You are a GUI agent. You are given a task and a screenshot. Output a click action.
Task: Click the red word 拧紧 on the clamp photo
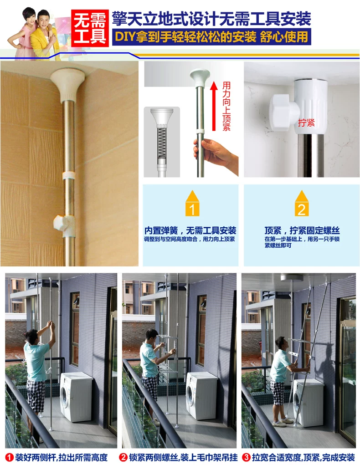coord(306,123)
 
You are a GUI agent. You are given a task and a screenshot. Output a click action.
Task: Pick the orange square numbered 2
coord(301,210)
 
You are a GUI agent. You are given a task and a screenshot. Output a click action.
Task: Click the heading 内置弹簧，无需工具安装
coord(190,230)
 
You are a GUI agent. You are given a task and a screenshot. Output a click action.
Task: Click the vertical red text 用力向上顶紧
coord(226,106)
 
